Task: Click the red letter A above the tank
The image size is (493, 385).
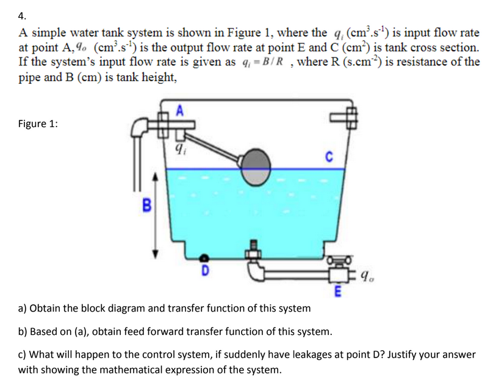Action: (179, 111)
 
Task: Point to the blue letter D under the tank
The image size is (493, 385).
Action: (206, 269)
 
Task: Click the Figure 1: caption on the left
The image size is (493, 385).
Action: (38, 124)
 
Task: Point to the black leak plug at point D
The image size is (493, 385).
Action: (206, 258)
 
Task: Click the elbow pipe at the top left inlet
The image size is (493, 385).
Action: (140, 127)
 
